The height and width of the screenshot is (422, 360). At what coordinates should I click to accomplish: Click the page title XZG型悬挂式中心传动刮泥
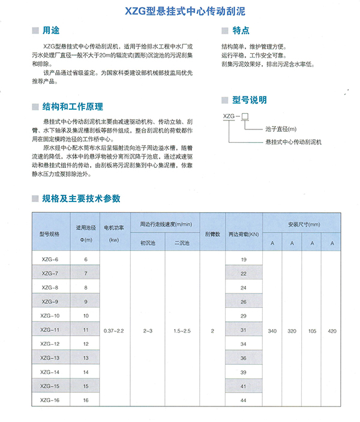[x=179, y=11]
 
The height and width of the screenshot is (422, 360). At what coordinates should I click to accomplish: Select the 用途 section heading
[x=51, y=30]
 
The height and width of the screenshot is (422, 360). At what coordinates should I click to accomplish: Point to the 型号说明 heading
[x=250, y=100]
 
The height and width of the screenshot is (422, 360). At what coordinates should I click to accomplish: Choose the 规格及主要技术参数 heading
[x=81, y=198]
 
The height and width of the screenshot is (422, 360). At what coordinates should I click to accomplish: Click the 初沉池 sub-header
[x=148, y=243]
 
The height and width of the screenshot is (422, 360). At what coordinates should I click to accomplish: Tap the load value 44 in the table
[x=244, y=400]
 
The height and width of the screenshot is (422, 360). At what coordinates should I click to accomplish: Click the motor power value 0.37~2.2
[x=113, y=330]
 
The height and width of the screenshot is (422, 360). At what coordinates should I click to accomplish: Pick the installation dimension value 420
[x=332, y=330]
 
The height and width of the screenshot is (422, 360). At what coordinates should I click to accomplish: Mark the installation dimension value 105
[x=312, y=330]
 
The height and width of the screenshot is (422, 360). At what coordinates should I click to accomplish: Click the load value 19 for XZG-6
[x=244, y=259]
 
